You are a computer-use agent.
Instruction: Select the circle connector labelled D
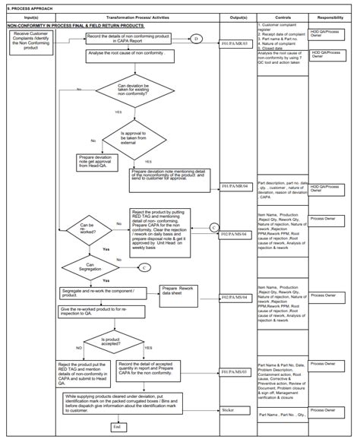(195, 38)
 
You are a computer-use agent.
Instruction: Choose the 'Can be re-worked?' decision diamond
(90, 228)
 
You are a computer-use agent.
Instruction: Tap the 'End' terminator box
(117, 428)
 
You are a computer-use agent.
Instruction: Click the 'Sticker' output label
(228, 410)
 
